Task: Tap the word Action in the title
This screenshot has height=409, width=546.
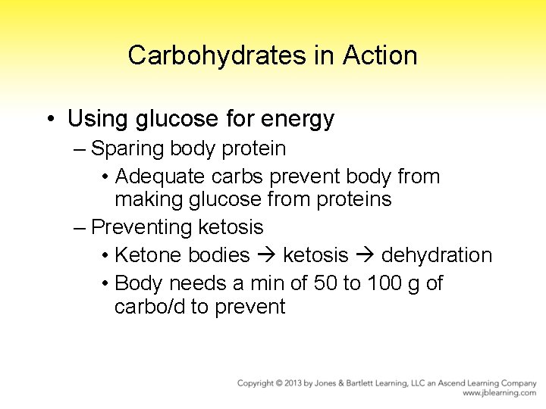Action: pos(380,55)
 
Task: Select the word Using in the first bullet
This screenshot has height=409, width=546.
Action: pos(95,119)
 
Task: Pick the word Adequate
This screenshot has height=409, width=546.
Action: pos(159,176)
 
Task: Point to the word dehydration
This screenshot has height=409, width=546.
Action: pos(437,255)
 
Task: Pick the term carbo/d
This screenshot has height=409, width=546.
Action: pos(149,307)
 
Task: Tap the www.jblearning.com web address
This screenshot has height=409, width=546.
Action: pos(500,393)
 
